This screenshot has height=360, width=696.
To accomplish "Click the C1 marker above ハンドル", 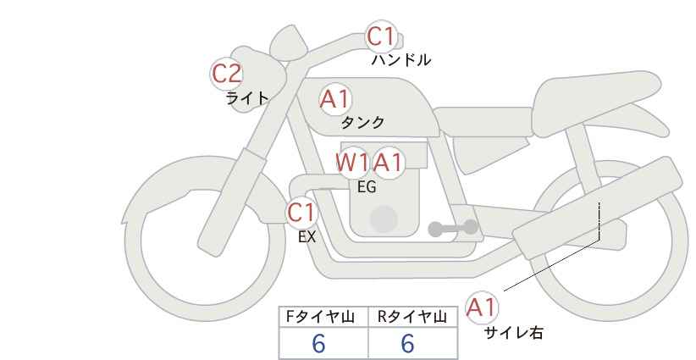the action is tap(381, 36).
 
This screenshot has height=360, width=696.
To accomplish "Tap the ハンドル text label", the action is tap(400, 59).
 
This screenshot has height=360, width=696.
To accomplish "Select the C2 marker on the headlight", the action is tap(226, 74).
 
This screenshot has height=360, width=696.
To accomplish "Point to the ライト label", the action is tap(247, 97).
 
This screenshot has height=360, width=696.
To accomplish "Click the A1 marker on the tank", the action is tap(335, 99).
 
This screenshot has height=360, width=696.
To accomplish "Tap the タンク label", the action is tap(362, 122).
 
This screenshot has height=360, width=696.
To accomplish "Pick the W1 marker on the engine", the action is tap(352, 163).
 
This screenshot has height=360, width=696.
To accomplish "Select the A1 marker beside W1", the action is tap(388, 163).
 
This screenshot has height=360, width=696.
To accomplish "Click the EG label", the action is tap(367, 187).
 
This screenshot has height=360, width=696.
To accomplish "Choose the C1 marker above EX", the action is tap(301, 213).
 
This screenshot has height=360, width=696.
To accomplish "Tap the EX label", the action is tap(307, 237).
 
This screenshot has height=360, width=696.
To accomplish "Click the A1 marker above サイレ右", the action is tap(482, 307).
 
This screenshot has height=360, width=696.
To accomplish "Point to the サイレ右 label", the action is tap(514, 333).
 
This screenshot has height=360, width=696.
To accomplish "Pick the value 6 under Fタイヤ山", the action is tap(318, 343).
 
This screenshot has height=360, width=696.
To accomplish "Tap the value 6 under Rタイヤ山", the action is tap(407, 343).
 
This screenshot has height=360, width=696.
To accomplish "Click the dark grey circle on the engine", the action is tap(384, 219).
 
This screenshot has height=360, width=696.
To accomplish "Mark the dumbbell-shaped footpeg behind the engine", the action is tap(453, 228).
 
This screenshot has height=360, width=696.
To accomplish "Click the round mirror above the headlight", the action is tap(289, 42).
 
